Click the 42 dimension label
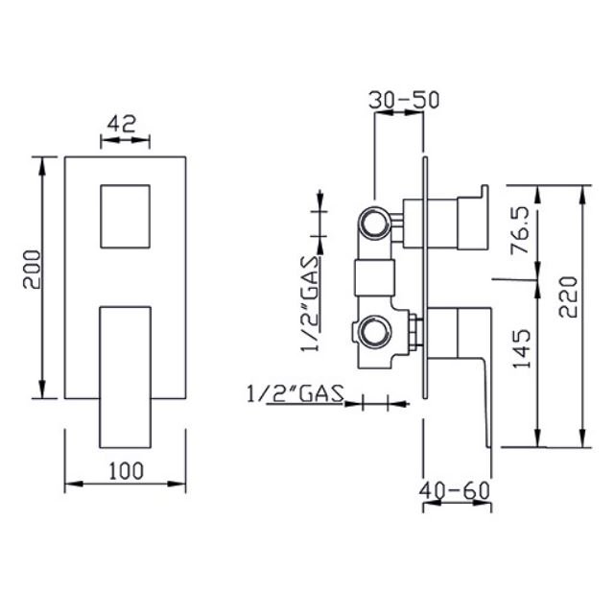point(122,124)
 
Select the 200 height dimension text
point(32,270)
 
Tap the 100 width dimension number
point(126,471)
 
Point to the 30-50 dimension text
point(404,100)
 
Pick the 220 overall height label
point(568,296)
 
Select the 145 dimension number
point(521,349)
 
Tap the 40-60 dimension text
point(455,490)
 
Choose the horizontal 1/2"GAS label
point(296,393)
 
